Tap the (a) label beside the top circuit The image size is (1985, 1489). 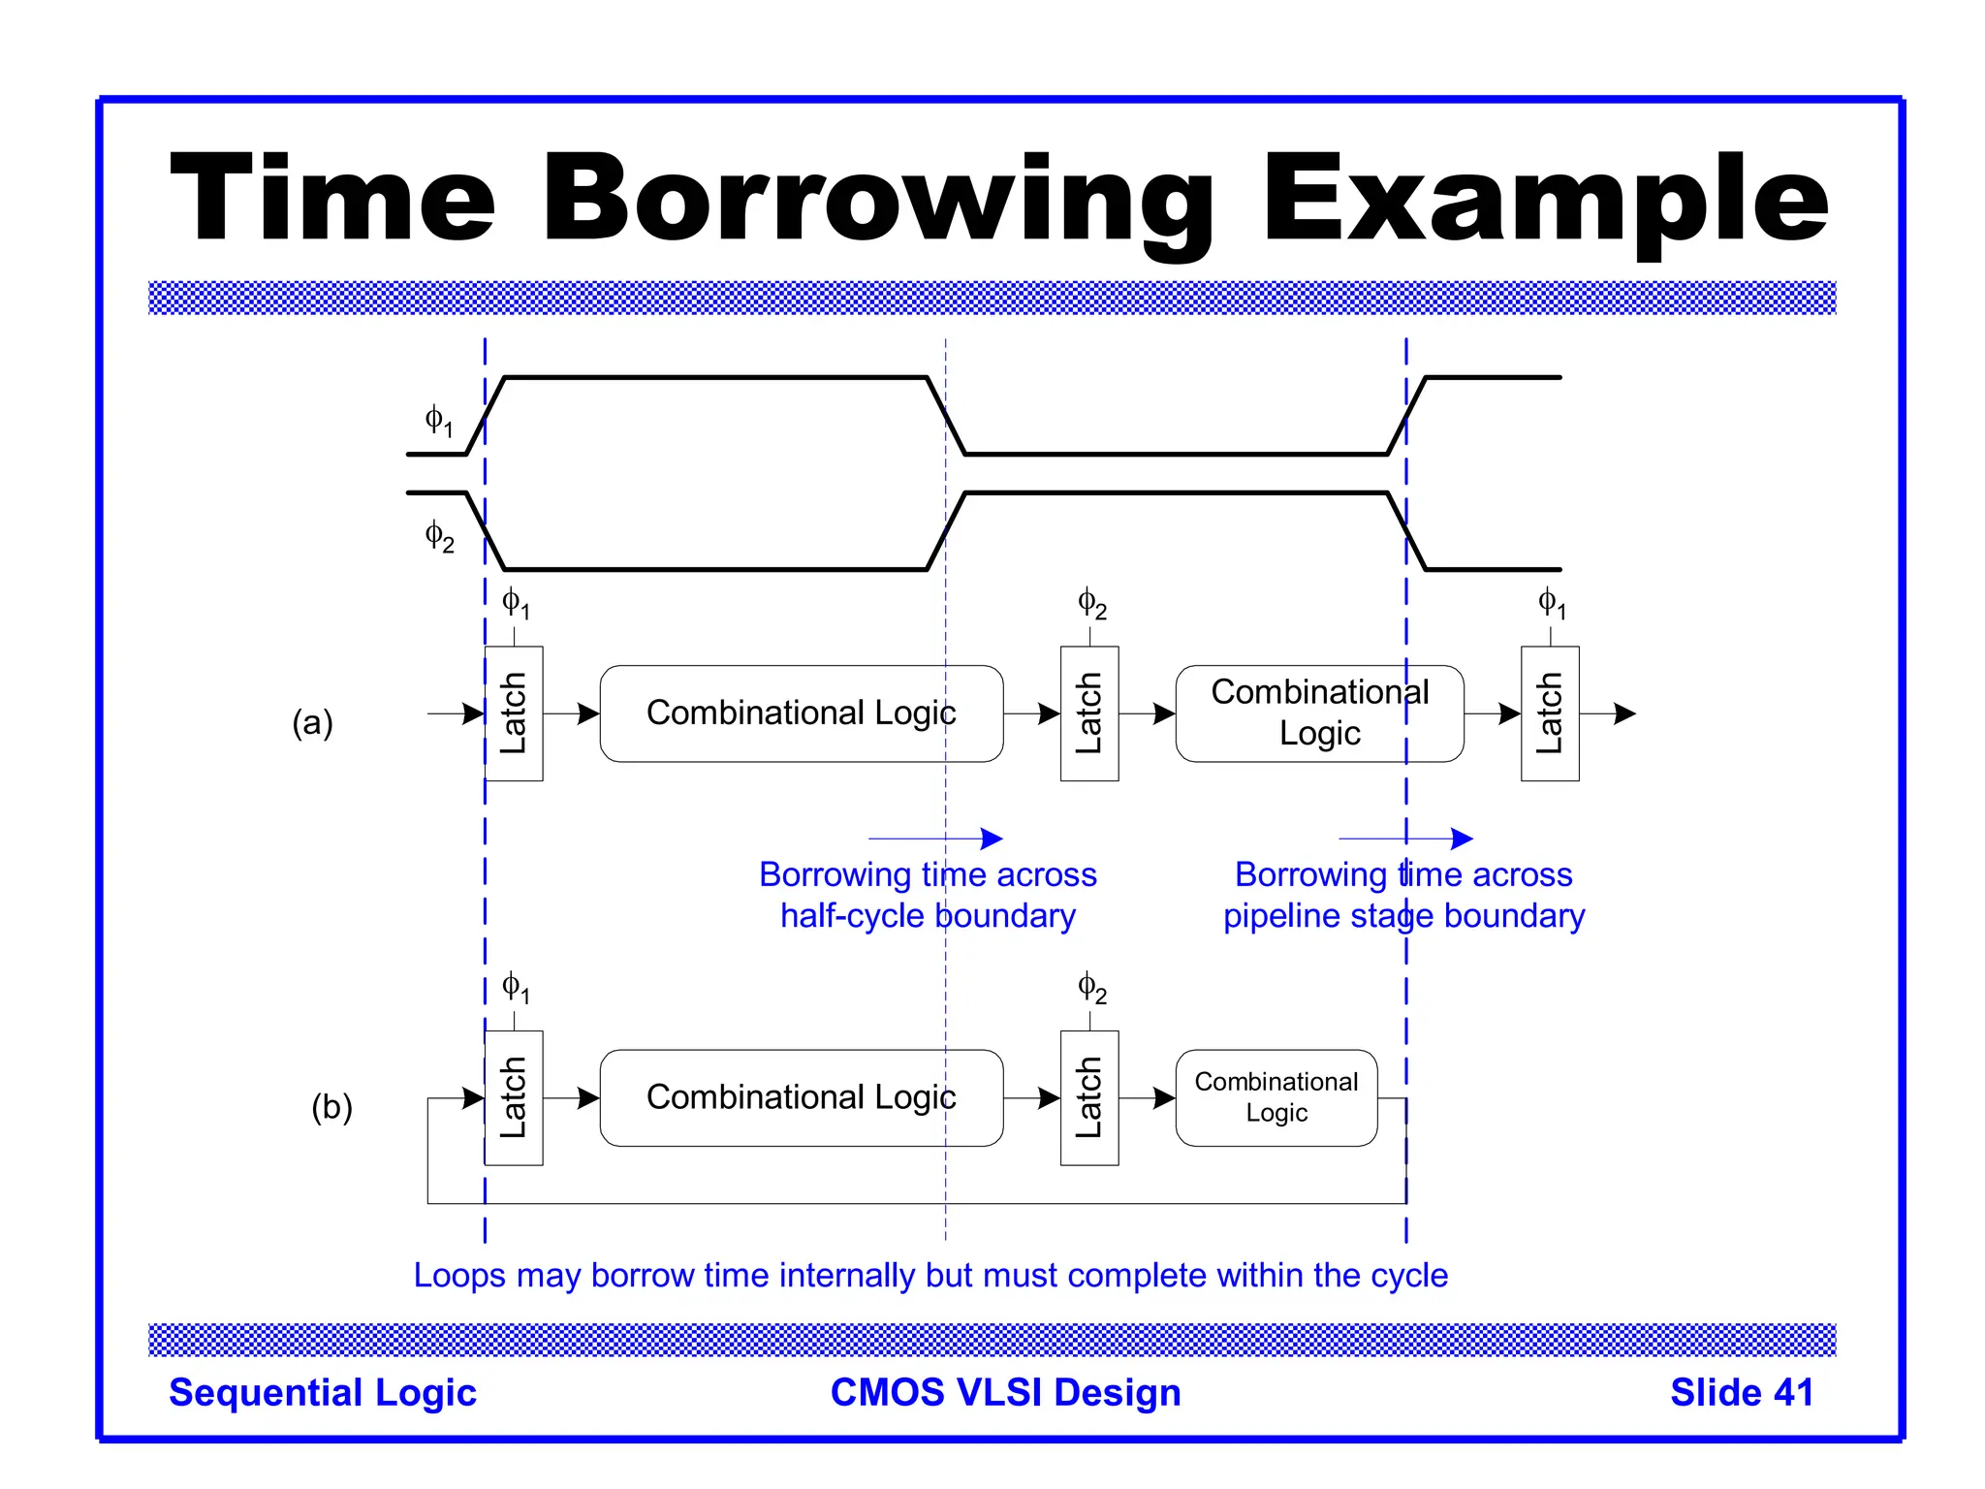point(312,723)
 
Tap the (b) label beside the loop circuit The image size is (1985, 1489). point(331,1107)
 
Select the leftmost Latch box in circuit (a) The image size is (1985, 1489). point(514,713)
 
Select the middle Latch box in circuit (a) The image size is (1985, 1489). point(1089,713)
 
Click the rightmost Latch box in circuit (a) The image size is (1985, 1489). point(1550,713)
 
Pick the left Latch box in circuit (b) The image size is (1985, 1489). point(514,1097)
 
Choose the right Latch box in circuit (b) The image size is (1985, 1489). point(1089,1097)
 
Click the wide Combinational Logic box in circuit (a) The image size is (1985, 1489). point(802,713)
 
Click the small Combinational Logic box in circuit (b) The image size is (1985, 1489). point(1276,1097)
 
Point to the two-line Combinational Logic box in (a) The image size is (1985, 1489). point(1319,713)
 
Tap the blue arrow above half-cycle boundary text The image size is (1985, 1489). point(935,839)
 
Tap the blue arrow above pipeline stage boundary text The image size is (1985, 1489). point(1405,839)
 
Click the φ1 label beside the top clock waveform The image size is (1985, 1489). point(439,421)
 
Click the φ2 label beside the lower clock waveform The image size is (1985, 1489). point(439,536)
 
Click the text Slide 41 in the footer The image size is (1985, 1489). point(1742,1392)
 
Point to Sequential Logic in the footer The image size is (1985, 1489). point(323,1392)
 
